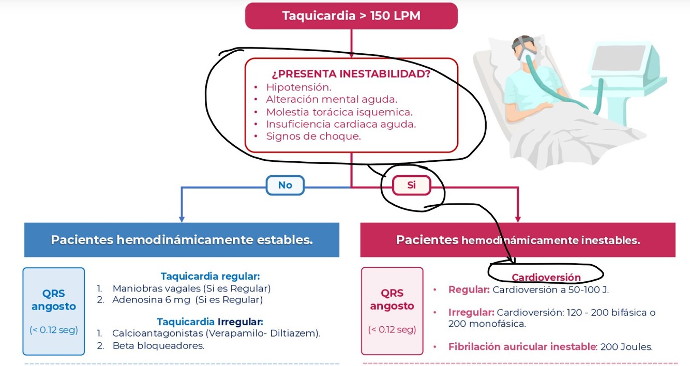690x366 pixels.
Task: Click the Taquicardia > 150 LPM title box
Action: coord(351,16)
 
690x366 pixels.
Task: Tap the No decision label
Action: coord(285,185)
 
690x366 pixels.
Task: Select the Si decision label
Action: coord(411,185)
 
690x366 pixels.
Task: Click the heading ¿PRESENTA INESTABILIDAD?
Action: coord(351,74)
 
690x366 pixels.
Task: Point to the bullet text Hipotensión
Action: coord(298,87)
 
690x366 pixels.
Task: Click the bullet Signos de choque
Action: coord(313,136)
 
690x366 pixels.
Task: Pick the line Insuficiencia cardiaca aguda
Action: coord(341,124)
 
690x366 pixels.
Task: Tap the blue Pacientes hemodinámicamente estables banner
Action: coord(182,240)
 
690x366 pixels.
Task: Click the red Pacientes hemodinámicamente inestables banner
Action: coord(518,240)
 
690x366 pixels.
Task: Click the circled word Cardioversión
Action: coord(546,278)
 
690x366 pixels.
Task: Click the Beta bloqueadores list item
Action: coord(158,346)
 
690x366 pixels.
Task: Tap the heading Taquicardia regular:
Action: coord(210,276)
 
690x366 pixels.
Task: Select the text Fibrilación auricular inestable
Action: coord(522,347)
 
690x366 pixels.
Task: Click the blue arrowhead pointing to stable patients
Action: coord(182,219)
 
